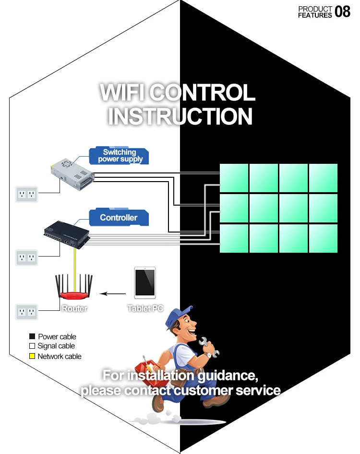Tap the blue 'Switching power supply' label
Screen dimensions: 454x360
pos(120,156)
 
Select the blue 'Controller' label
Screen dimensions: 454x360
pos(119,218)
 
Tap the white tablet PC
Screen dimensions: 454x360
pos(145,282)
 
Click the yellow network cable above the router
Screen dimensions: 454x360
pos(74,264)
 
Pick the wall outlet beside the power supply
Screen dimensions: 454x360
pos(27,194)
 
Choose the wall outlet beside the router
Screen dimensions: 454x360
pos(27,311)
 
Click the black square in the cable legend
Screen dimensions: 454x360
pos(32,337)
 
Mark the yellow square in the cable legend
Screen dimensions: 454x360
pos(32,356)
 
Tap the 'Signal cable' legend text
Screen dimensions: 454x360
pos(56,346)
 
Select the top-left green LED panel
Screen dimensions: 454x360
pos(234,178)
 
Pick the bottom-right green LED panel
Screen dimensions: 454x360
pos(323,238)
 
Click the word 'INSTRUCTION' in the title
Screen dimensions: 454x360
pos(180,116)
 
